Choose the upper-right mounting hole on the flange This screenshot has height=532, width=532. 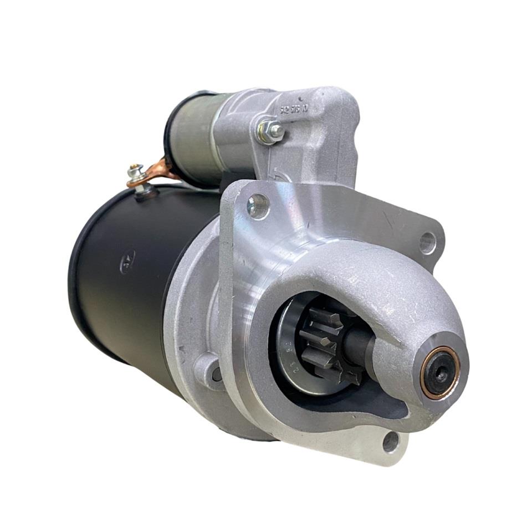pos(427,242)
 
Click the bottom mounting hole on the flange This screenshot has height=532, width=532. pos(391,441)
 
